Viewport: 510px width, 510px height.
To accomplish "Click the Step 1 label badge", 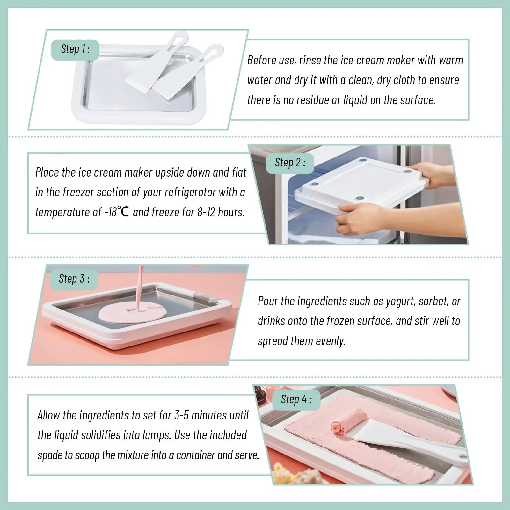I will tap(75, 49).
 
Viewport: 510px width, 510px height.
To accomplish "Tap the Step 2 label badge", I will tap(290, 163).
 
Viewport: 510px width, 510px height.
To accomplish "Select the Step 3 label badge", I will tap(74, 279).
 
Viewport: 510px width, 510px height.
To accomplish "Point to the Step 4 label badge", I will tap(296, 399).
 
